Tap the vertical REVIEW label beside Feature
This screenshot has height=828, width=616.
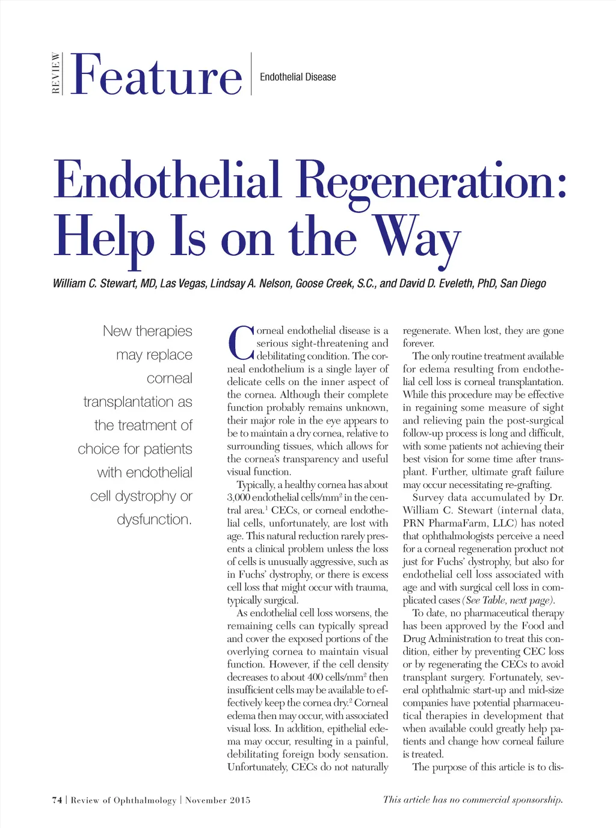point(56,73)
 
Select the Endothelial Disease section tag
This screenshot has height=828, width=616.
point(298,77)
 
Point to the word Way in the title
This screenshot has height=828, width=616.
point(416,238)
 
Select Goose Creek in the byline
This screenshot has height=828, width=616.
point(324,283)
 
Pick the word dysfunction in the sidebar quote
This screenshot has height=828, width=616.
point(154,519)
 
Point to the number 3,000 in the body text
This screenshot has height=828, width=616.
point(238,498)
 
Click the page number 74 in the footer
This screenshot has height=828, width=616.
point(57,800)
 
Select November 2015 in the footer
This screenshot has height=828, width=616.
point(218,800)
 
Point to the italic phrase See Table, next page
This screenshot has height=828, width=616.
point(508,600)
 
